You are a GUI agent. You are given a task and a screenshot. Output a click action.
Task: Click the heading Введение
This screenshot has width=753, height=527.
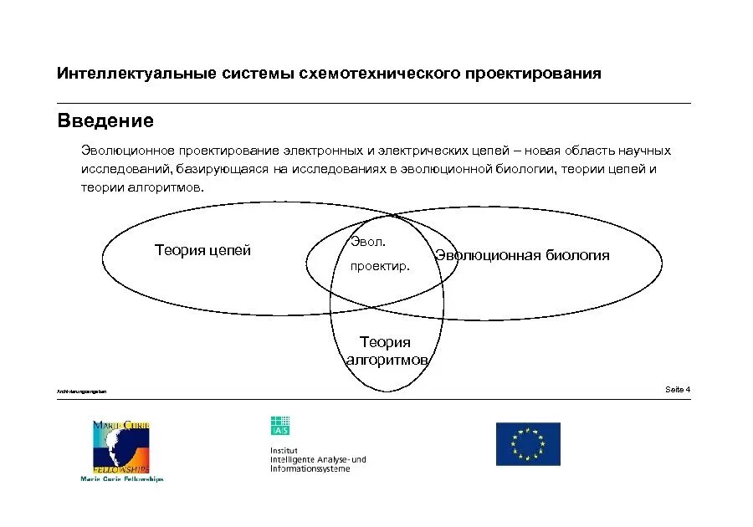(x=105, y=121)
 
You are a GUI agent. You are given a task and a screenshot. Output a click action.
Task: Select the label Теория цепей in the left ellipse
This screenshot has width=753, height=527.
(x=202, y=250)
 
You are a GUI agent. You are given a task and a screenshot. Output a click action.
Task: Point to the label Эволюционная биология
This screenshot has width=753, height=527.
(x=523, y=255)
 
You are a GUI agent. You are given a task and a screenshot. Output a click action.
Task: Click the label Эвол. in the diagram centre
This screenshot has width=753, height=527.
(x=368, y=242)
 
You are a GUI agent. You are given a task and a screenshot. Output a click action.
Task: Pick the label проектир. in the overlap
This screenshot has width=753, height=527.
(x=380, y=268)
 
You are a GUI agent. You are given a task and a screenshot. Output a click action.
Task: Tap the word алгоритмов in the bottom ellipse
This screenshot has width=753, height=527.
(x=387, y=360)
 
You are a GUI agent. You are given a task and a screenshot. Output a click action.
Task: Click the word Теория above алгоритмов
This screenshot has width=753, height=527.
(x=385, y=342)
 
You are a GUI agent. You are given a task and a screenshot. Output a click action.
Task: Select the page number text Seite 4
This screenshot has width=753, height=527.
(x=678, y=389)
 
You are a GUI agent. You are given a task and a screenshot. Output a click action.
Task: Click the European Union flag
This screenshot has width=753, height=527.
(x=528, y=443)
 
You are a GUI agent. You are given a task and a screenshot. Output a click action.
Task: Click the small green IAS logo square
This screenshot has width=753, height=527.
(x=279, y=426)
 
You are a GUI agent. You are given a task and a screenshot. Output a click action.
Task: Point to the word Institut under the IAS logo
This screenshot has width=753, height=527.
(x=284, y=451)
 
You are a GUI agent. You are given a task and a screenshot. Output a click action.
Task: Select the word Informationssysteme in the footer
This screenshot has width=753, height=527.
(x=310, y=468)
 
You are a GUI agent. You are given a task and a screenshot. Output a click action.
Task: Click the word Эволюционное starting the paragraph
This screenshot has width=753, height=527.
(x=127, y=151)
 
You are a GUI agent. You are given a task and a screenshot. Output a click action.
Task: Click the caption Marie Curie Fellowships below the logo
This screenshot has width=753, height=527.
(x=122, y=479)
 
